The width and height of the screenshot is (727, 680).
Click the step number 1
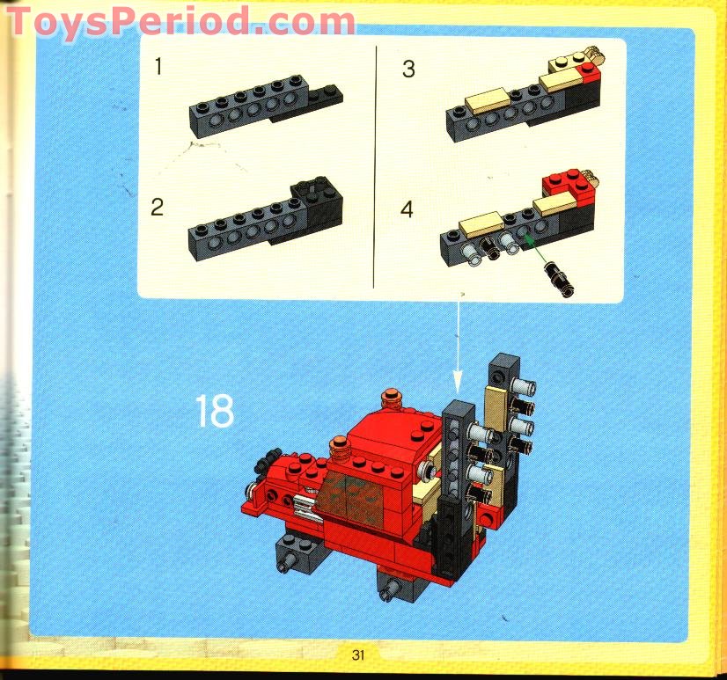pos(158,67)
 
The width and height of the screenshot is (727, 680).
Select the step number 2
pos(158,208)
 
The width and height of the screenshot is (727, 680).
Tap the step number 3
pos(408,69)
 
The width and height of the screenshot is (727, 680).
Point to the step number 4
pos(407,209)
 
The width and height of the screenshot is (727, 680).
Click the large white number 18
pos(215,411)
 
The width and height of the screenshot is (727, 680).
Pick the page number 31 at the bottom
pos(357,654)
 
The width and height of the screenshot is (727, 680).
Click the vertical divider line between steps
pos(376,167)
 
